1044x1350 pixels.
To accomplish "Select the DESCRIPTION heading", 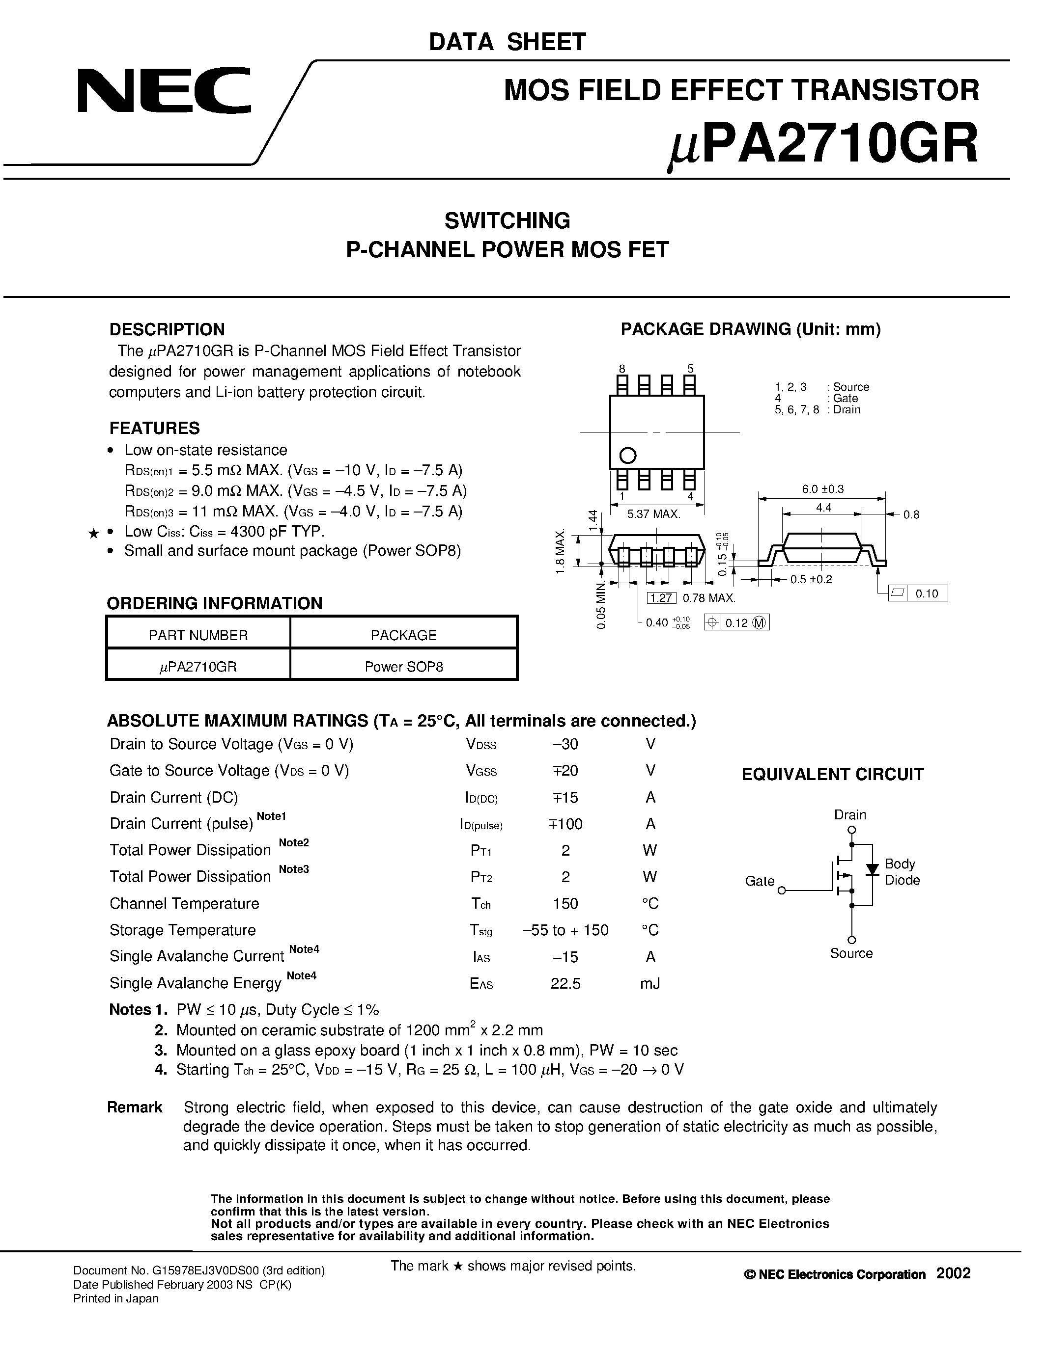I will (167, 329).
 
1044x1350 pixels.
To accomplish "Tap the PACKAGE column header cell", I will (403, 635).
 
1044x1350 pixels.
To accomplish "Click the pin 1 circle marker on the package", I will (627, 456).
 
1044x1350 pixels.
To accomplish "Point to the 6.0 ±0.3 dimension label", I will (822, 489).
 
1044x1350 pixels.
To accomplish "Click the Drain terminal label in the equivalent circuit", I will (850, 815).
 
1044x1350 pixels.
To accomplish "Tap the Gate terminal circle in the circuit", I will (782, 891).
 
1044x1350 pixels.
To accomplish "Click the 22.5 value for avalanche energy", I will (565, 983).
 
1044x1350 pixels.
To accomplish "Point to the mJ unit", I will (650, 983).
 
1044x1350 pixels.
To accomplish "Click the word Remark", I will (134, 1107).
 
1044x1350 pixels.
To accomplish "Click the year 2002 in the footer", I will (953, 1273).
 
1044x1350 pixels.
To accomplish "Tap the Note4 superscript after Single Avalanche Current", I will (304, 949).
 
